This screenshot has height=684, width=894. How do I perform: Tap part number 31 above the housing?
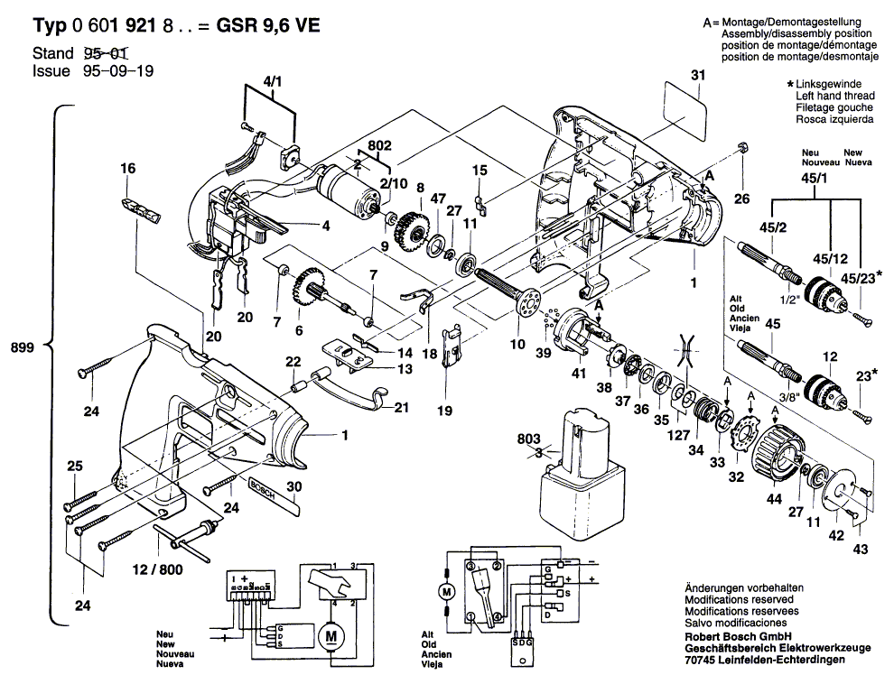698,75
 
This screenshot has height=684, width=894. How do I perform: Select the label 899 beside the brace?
23,347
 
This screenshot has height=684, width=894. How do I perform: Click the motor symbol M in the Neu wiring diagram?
331,635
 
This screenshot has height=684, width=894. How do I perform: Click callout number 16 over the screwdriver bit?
127,168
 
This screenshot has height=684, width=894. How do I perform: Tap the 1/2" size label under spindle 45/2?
789,300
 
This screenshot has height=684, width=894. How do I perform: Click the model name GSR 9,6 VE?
268,25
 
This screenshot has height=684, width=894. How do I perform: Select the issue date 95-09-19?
118,71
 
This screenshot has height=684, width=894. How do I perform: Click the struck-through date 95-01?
106,53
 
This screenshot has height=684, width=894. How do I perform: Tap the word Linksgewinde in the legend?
828,84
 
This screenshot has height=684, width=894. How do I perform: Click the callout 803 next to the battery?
528,439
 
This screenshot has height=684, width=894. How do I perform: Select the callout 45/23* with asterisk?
861,277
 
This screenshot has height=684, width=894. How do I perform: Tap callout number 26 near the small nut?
741,199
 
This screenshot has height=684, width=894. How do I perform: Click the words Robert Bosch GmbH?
738,636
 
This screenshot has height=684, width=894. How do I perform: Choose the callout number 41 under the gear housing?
579,374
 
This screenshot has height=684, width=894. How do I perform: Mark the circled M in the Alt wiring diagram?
446,592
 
